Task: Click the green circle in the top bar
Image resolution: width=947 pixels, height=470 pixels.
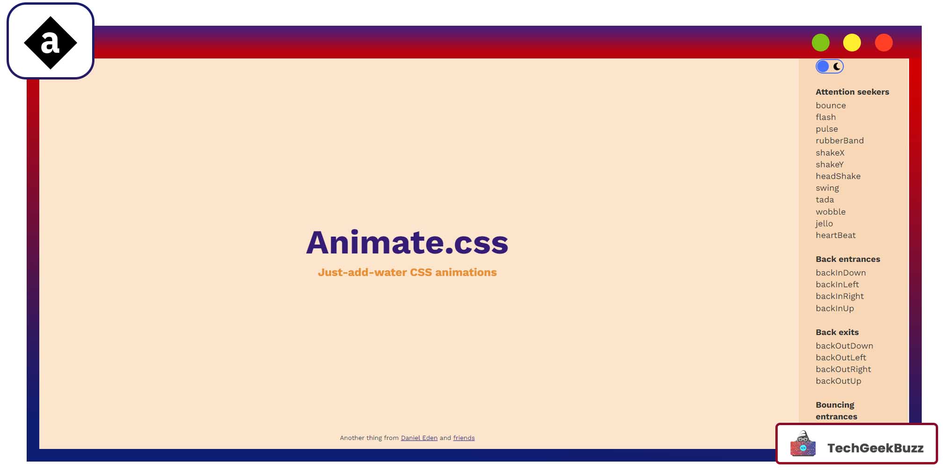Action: click(x=820, y=43)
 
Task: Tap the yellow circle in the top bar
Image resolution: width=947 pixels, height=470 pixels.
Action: click(x=852, y=43)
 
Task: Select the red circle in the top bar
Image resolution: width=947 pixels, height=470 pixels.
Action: click(x=883, y=43)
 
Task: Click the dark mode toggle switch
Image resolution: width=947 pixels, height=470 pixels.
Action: click(x=830, y=66)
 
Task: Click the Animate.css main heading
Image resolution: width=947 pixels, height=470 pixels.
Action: click(x=407, y=242)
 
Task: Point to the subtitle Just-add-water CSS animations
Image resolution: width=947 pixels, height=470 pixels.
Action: click(x=407, y=272)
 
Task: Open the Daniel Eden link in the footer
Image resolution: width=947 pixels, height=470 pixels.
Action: click(x=419, y=438)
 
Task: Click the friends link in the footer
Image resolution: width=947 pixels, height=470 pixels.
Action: click(x=463, y=438)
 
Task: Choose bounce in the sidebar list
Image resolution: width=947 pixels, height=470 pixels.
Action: click(x=831, y=106)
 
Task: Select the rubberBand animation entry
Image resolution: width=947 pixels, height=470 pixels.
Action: click(x=839, y=141)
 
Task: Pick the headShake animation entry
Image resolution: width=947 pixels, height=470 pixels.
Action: click(x=838, y=176)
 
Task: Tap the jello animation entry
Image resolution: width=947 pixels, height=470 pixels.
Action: click(x=824, y=224)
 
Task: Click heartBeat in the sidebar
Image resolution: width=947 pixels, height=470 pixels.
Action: click(x=836, y=235)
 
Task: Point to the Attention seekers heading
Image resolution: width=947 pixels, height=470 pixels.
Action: click(x=852, y=92)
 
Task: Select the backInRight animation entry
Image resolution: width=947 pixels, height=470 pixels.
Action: click(x=839, y=296)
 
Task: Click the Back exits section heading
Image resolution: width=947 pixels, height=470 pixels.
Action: click(x=837, y=332)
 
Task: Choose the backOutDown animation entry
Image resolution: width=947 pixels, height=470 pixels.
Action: click(x=844, y=346)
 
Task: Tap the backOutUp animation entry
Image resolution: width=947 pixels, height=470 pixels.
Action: click(x=838, y=381)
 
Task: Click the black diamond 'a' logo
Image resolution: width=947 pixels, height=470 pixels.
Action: click(x=51, y=43)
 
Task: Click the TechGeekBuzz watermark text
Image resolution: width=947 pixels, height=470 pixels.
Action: click(x=875, y=448)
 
